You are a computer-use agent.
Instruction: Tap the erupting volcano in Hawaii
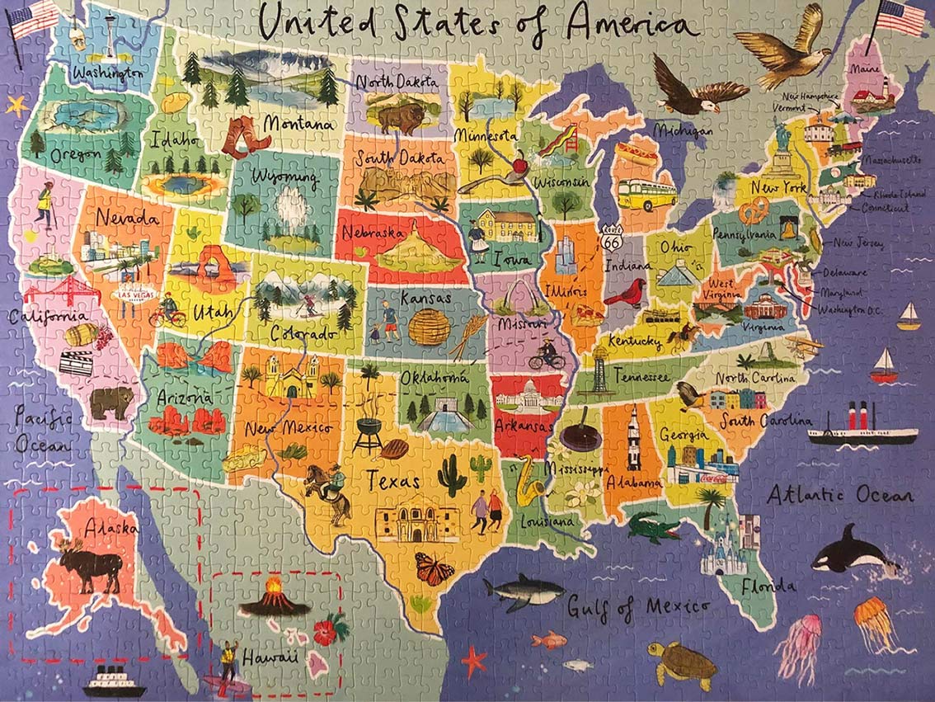[275, 596]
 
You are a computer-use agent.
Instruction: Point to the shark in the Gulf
[522, 591]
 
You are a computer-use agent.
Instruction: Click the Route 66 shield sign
[611, 239]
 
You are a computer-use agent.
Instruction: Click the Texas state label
[393, 479]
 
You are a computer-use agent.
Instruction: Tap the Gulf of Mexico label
[638, 606]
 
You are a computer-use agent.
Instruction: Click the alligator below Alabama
[653, 527]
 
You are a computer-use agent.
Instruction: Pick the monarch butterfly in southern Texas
[435, 568]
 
